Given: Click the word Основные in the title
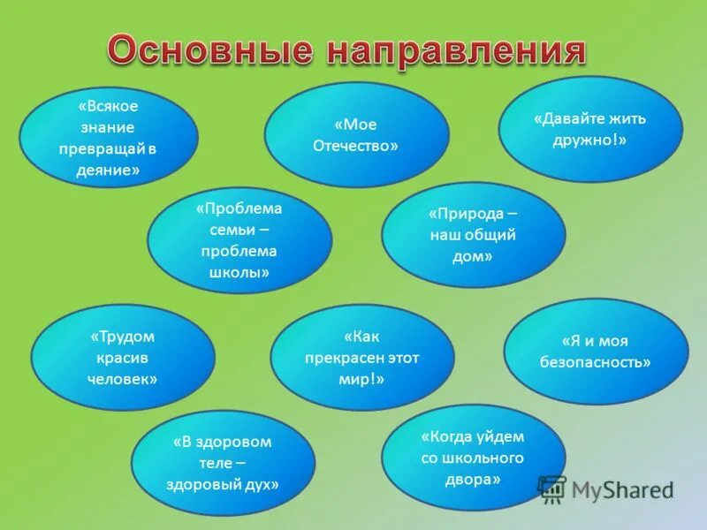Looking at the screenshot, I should coord(209,50).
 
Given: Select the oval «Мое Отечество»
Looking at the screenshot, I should coord(356,135).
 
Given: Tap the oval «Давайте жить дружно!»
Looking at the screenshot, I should coord(590,129).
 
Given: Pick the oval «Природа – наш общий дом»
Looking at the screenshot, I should coord(473,235).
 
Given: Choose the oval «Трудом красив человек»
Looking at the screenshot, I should coord(123,357).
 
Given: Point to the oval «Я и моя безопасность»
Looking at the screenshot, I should coord(596,351).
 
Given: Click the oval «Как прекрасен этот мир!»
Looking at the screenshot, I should coord(362,357).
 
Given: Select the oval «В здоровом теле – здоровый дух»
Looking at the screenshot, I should coord(223,463).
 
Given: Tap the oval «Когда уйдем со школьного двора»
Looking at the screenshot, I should coord(473,458).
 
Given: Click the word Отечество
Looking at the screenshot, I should coord(355,146).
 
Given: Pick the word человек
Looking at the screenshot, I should coord(122,378).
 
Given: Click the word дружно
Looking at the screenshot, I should coord(589,140).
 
